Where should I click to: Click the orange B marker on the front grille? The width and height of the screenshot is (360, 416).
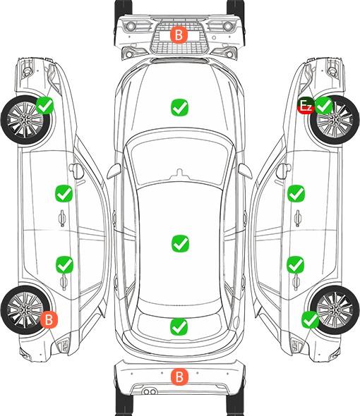pos(179,35)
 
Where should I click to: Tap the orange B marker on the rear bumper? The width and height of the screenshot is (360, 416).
pos(179,377)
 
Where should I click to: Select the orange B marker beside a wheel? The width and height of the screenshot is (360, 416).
pos(49,319)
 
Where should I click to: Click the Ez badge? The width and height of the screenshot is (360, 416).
pos(306,106)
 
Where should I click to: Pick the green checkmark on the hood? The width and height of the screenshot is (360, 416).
pos(179,107)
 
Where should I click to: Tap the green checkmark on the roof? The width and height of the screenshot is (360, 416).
pos(180,243)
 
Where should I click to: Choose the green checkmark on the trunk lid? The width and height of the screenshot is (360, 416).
pos(179,326)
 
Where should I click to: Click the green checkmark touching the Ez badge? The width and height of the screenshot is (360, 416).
pos(323,106)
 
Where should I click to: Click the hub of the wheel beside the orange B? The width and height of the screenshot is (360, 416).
pos(25,310)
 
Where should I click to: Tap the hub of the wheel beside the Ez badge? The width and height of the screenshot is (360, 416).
pos(335,120)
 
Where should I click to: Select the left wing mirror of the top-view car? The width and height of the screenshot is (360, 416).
pos(114,171)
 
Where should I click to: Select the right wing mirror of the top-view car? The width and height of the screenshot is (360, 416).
pos(245,171)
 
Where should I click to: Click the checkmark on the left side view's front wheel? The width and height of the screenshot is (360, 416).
pos(45,105)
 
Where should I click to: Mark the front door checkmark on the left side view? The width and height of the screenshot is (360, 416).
pos(64,193)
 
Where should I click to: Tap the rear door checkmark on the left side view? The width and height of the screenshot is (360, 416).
pos(64,264)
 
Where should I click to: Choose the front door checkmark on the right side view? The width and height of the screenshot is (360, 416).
pos(296,193)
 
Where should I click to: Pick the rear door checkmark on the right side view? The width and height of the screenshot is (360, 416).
pos(296,264)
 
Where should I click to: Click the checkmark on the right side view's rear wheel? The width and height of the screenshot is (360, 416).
pos(310,319)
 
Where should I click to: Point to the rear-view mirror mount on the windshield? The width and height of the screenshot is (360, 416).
pos(179,173)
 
